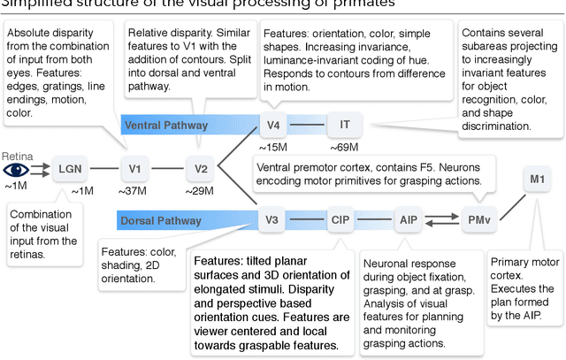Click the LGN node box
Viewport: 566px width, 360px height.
[68, 168]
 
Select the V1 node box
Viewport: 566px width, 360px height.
[135, 168]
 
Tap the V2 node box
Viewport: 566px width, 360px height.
[201, 168]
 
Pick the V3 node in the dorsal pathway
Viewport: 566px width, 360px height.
[272, 218]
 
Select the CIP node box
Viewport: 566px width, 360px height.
[340, 218]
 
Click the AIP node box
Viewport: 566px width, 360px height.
[408, 218]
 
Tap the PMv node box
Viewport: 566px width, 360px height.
[478, 218]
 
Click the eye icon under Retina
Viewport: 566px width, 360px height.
[18, 168]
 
